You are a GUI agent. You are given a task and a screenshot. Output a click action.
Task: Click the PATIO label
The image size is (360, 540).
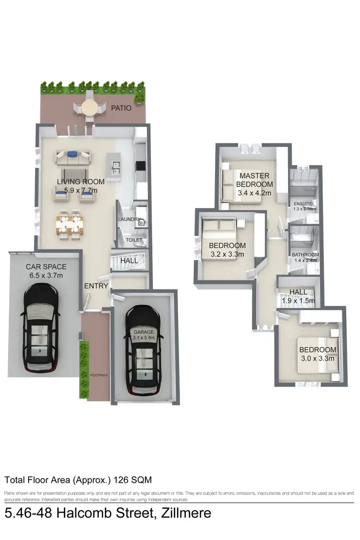coord(120,108)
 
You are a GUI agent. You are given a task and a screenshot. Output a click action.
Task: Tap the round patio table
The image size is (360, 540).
coord(88,108)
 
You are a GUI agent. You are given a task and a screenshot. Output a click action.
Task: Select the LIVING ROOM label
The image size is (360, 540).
coord(81,186)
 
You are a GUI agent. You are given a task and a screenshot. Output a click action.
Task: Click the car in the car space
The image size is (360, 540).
coord(41,327)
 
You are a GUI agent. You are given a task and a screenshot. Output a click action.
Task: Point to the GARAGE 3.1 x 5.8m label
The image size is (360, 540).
coord(144,335)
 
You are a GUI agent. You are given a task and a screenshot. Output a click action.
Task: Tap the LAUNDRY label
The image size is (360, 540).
coord(129,220)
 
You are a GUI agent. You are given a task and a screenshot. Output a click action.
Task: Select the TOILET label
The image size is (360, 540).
coord(134,240)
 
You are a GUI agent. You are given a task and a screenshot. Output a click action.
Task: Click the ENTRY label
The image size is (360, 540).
coord(96,286)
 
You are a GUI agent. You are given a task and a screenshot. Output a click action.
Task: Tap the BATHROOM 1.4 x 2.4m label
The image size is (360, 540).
coord(305,258)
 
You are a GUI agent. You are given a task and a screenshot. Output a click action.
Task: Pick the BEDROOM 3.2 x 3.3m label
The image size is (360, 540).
coord(227,250)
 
